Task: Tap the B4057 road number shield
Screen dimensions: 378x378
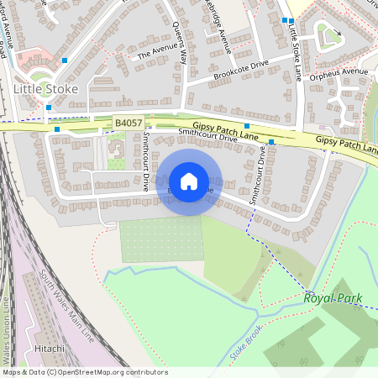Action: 129,123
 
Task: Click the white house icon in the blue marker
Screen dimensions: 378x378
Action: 189,181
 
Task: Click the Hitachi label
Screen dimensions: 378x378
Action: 50,346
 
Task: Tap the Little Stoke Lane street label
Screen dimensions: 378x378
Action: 295,52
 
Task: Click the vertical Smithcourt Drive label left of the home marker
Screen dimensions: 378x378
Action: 145,160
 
